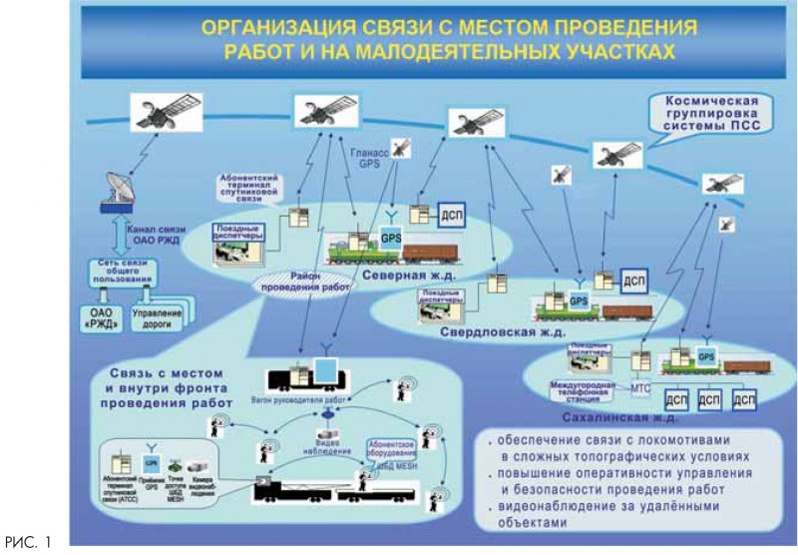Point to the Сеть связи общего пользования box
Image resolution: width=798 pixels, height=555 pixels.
(114, 271)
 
